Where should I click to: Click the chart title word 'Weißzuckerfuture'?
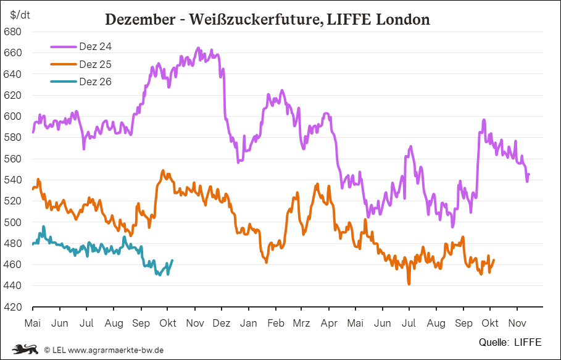[x=252, y=20]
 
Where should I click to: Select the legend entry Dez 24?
[x=95, y=46]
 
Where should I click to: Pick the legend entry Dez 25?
[x=95, y=64]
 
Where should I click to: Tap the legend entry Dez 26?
[x=95, y=82]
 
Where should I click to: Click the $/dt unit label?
[x=20, y=13]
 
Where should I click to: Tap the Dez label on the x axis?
[x=222, y=324]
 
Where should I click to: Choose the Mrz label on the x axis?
[x=301, y=324]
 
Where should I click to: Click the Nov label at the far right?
[x=517, y=324]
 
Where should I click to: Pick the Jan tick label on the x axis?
[x=249, y=324]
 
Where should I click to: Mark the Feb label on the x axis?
[x=275, y=324]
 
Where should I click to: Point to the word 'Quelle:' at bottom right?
[x=494, y=341]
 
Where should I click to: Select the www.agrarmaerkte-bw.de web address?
[x=115, y=350]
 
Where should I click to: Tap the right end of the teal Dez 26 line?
[x=172, y=260]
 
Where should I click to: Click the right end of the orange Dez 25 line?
[x=494, y=260]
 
